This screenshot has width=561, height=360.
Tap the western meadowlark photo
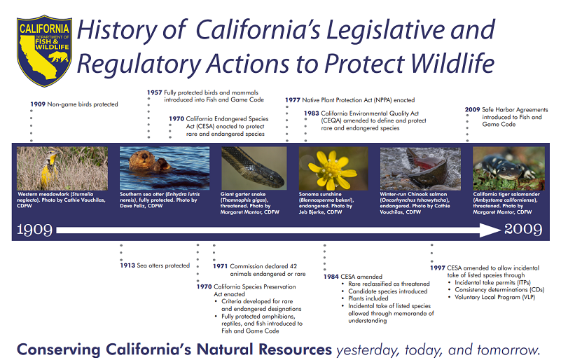(x=62, y=168)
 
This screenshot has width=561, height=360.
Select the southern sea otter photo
(x=164, y=168)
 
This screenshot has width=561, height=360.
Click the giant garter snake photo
(x=254, y=168)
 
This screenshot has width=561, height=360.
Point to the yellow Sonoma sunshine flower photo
(x=333, y=168)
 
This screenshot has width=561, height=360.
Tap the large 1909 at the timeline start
(x=34, y=230)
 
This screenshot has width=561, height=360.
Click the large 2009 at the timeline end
(x=523, y=230)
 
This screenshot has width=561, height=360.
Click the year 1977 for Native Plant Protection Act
(x=293, y=100)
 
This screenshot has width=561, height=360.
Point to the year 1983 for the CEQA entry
(x=312, y=113)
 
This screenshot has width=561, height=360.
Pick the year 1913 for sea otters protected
(x=128, y=265)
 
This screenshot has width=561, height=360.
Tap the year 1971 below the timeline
(x=221, y=266)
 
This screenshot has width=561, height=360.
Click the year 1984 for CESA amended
(x=331, y=277)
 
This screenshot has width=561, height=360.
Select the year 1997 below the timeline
(x=438, y=267)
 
